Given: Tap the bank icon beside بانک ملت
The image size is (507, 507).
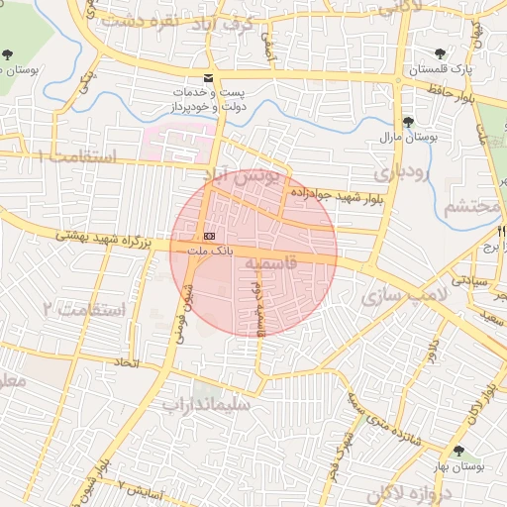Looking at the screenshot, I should coord(209,237).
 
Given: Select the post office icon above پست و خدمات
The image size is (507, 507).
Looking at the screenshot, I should coord(207,77).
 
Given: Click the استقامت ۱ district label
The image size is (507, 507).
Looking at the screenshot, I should coord(76,156).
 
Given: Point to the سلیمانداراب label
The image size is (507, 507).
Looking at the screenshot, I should coord(207,404).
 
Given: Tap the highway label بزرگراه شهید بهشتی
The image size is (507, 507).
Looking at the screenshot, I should coord(103,238).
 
